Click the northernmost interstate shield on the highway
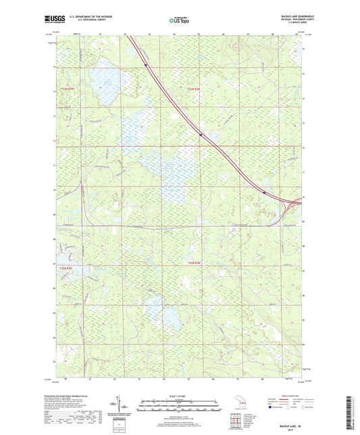click(x=145, y=66)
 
